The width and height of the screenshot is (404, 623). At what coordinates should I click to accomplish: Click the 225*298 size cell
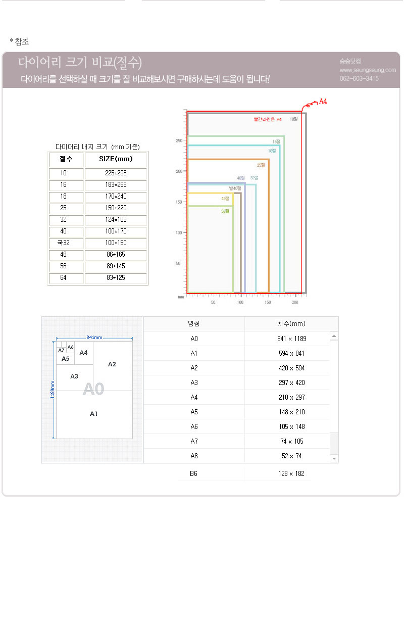[116, 173]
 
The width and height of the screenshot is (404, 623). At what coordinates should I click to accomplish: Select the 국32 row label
[63, 243]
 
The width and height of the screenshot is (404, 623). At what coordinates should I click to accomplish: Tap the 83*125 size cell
[116, 278]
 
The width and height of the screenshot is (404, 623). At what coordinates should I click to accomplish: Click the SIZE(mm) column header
[116, 159]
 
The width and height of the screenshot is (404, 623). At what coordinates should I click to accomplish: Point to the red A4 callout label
[323, 102]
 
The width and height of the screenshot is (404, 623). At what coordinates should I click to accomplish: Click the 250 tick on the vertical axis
[179, 140]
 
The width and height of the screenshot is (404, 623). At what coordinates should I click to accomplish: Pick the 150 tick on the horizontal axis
[268, 302]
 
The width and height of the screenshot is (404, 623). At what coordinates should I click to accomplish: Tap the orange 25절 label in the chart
[261, 165]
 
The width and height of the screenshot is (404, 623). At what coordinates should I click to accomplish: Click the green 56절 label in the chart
[225, 211]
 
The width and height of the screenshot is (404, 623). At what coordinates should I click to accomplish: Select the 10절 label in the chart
[294, 119]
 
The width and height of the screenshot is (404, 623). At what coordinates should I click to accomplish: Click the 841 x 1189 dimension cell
[292, 339]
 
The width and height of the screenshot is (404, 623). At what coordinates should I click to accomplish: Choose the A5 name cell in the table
[194, 412]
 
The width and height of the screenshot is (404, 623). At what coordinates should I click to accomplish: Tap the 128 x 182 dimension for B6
[292, 474]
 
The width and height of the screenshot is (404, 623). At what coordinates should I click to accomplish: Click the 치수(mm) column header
[291, 324]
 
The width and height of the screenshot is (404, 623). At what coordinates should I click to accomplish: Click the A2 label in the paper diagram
[112, 364]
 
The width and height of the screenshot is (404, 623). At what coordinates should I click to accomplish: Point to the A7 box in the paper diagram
[61, 350]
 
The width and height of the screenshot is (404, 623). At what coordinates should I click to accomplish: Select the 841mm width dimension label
[94, 337]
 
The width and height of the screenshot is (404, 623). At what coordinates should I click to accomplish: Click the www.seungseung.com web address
[368, 70]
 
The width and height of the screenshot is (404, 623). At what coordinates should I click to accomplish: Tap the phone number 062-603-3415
[359, 78]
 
